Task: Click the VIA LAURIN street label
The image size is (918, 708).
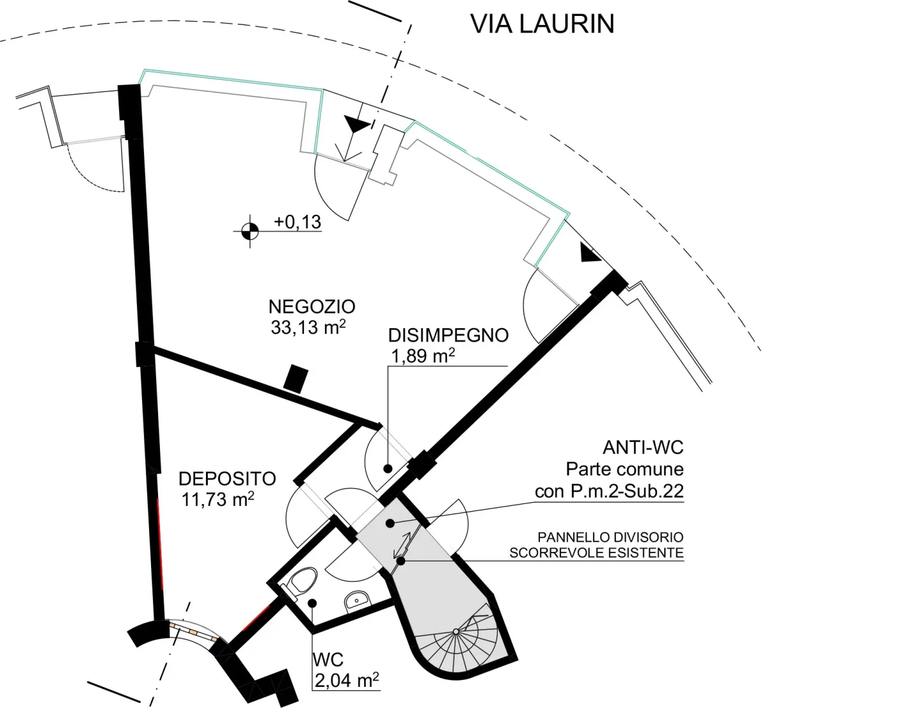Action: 542,24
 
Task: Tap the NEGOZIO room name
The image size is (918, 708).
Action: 312,307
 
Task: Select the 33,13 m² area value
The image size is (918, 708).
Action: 308,327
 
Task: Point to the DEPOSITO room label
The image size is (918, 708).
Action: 228,479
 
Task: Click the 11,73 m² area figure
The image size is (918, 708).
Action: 217,499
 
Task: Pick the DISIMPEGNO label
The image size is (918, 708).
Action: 448,335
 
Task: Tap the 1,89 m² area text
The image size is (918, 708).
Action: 423,356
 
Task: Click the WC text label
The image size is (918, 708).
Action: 328,660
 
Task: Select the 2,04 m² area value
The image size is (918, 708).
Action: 346,681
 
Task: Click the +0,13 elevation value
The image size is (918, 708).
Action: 298,222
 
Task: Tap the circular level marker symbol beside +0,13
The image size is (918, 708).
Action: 250,231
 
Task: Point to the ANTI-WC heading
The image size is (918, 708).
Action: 643,447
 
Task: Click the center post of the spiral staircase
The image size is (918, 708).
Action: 456,632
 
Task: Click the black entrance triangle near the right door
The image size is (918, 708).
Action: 590,252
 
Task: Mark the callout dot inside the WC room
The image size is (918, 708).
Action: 312,603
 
